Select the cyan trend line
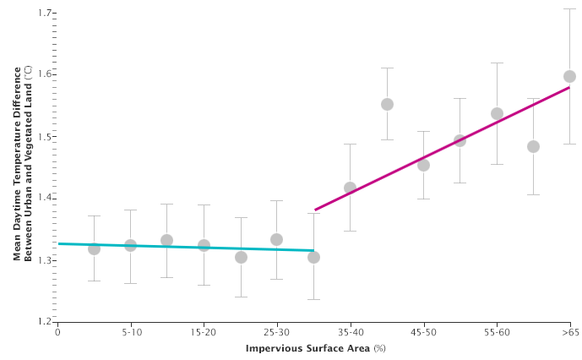coord(186,247)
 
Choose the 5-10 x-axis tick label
coord(130,334)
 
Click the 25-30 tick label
coord(276,334)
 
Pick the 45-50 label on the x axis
coord(423,334)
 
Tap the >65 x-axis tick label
coord(568,334)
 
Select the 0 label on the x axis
coord(57,334)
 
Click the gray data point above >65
coord(569,76)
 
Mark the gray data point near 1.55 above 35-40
coord(387,104)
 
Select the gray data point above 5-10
coord(130,245)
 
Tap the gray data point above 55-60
coord(497,113)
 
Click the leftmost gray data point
coord(94,248)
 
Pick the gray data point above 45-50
coord(423,165)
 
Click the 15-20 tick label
coord(204,334)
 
